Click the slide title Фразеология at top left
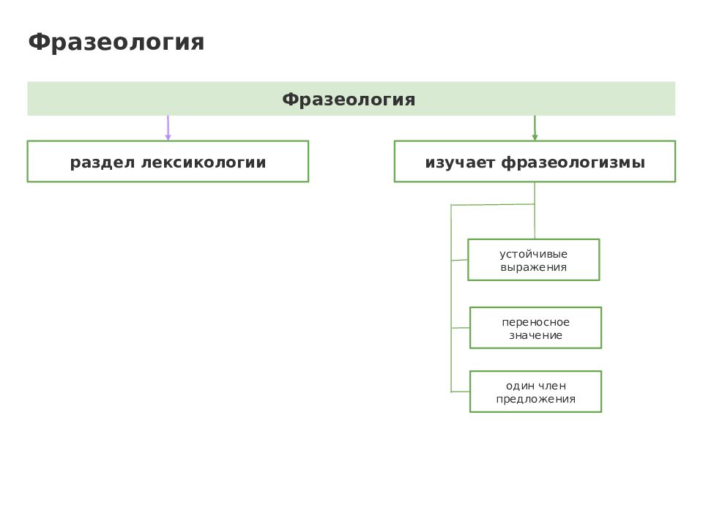[116, 42]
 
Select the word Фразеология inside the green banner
[349, 99]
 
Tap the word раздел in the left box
[103, 162]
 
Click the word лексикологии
[204, 162]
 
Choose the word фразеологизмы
[573, 162]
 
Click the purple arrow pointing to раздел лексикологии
[168, 127]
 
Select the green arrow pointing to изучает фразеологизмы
[535, 127]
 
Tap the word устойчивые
[534, 254]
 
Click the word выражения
[534, 268]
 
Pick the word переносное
[536, 322]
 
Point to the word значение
[536, 335]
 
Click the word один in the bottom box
[520, 386]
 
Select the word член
[552, 386]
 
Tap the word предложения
[536, 399]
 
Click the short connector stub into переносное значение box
[461, 328]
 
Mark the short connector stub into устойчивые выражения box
[460, 260]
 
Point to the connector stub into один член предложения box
[461, 392]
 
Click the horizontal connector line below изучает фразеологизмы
[493, 205]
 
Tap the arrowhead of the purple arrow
[168, 137]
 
